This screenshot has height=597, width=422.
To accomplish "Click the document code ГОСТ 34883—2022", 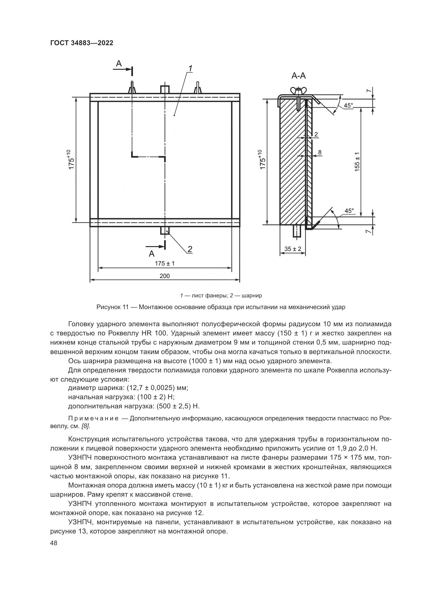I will tap(82, 43).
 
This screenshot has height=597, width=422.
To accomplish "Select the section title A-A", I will tap(299, 76).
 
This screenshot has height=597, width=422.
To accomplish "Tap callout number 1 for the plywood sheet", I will tap(191, 68).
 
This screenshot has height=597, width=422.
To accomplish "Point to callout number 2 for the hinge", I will tap(190, 249).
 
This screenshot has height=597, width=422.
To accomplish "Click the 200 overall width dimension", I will tap(165, 276).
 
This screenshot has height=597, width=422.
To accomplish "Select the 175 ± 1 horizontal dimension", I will tap(165, 263).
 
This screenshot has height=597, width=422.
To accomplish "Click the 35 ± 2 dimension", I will tap(293, 249).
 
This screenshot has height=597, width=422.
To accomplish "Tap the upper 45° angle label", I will tap(348, 106).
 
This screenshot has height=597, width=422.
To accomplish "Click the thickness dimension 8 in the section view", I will tap(320, 152).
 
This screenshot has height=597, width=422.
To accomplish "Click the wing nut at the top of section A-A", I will tap(299, 91).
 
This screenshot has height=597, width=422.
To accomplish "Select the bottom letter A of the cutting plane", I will tap(152, 253).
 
